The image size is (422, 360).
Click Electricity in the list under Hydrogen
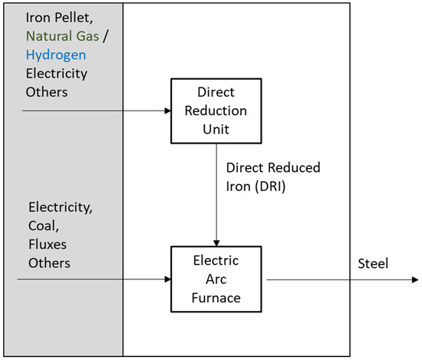click(x=57, y=74)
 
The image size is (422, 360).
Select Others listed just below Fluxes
click(x=48, y=263)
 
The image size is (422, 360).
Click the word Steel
click(x=373, y=264)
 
